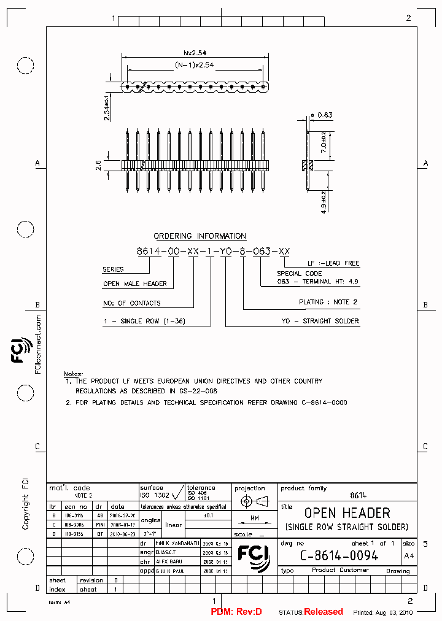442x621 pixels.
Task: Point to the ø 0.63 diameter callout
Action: click(x=322, y=115)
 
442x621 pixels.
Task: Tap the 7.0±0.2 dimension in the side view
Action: click(x=324, y=142)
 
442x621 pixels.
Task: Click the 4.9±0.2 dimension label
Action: click(x=324, y=200)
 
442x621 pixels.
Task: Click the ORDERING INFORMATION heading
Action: click(x=200, y=236)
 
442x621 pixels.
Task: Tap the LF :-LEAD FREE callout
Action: click(x=333, y=263)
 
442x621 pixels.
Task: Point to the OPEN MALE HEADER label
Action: click(x=134, y=284)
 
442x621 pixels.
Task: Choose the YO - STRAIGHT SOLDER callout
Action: click(x=320, y=321)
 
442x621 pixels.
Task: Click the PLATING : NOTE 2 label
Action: click(x=328, y=302)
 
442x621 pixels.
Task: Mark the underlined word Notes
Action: click(x=72, y=374)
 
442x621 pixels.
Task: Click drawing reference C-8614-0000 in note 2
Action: click(x=324, y=403)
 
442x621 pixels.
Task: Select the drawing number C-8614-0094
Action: click(x=339, y=556)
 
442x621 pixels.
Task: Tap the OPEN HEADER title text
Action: click(x=347, y=513)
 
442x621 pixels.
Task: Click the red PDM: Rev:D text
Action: click(x=236, y=612)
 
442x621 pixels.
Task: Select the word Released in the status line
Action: click(x=324, y=612)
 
